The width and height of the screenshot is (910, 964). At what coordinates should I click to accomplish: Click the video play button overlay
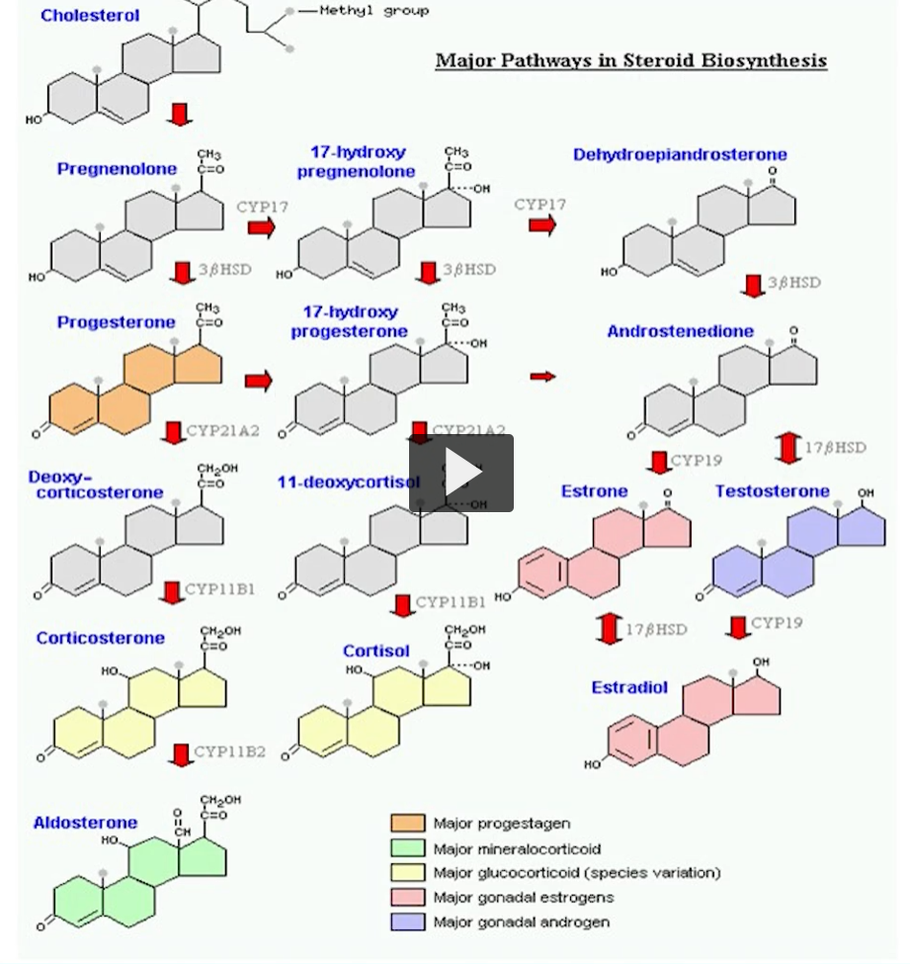[461, 473]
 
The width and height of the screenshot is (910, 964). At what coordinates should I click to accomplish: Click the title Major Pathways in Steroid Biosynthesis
[630, 60]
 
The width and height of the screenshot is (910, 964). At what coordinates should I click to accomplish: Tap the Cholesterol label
[90, 16]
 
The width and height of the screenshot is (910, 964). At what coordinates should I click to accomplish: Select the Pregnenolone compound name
[117, 169]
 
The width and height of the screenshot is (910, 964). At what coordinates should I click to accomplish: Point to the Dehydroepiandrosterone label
[680, 154]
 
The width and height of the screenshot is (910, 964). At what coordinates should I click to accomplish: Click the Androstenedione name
[680, 331]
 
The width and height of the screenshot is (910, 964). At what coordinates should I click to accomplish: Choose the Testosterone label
[772, 491]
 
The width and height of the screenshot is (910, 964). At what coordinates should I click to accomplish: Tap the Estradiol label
[629, 687]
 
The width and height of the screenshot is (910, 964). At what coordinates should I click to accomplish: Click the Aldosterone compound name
[85, 823]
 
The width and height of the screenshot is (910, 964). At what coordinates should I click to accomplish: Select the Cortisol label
[375, 651]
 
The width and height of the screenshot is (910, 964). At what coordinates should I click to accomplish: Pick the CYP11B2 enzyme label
[229, 751]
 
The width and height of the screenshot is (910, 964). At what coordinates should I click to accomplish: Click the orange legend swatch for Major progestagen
[408, 824]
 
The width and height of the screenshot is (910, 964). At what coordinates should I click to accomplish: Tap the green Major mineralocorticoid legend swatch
[408, 848]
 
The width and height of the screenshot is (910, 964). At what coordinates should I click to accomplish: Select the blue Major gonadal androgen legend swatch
[408, 922]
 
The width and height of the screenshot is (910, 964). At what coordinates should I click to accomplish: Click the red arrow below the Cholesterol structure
[180, 114]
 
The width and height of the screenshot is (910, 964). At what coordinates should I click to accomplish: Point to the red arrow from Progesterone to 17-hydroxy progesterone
[258, 381]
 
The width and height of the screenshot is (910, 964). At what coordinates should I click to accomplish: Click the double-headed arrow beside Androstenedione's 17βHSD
[787, 447]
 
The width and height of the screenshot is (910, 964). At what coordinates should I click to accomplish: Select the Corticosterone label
[100, 638]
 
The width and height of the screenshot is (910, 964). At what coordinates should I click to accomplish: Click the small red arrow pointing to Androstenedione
[542, 377]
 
